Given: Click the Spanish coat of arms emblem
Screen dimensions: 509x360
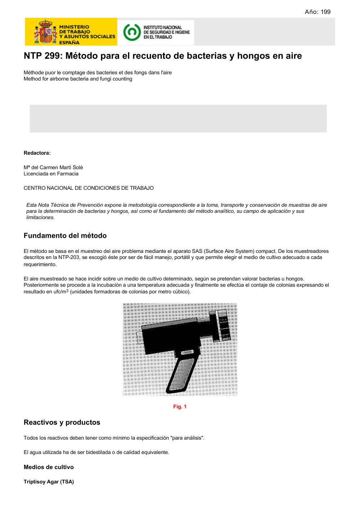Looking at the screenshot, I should tap(45, 32).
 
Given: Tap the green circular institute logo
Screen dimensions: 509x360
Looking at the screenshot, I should tap(131, 32).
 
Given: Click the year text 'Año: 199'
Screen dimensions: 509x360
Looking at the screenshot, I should tap(317, 12).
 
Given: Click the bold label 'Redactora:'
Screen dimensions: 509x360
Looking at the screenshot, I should tap(37, 153).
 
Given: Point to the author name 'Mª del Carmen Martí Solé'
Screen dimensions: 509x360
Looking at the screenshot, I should tap(53, 167).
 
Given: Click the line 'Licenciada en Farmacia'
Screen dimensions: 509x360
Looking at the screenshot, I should tap(51, 174).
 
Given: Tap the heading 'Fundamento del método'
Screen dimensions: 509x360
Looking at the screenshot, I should tap(65, 236).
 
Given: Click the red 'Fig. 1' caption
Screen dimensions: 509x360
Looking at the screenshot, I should tap(180, 406).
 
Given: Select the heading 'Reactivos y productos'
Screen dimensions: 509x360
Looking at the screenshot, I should tap(62, 422).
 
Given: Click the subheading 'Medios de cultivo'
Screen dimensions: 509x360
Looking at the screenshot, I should tap(49, 467).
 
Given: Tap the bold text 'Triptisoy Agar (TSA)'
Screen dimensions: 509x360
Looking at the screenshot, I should tap(49, 482).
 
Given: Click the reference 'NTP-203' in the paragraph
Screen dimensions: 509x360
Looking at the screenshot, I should tap(68, 258).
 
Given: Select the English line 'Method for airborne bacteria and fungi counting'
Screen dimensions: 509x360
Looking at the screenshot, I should tap(78, 79).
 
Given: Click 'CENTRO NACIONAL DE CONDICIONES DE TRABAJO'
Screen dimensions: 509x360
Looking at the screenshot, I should tap(89, 188).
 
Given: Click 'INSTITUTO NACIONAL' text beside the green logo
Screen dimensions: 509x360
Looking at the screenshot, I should tap(163, 27).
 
